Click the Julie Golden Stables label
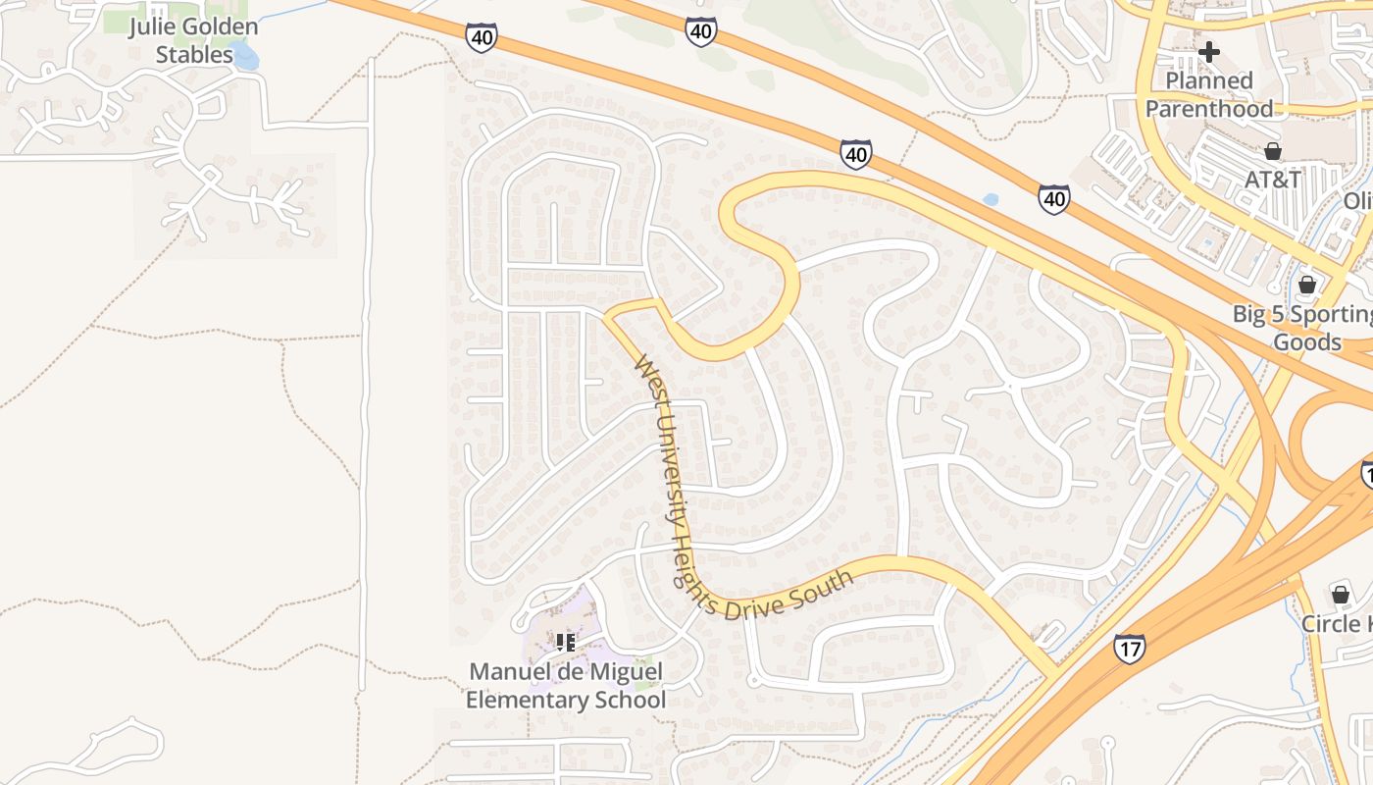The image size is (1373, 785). click(193, 40)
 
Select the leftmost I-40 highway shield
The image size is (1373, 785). click(481, 37)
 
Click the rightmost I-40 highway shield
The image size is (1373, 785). click(1054, 199)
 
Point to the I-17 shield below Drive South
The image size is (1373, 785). click(1130, 648)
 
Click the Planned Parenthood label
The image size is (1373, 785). click(1209, 94)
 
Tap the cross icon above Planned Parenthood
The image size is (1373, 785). click(1209, 51)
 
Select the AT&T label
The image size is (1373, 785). click(1273, 180)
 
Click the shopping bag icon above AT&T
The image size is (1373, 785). click(1273, 151)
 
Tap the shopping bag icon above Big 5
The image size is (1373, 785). click(1306, 285)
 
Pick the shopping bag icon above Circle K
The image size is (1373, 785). click(1341, 595)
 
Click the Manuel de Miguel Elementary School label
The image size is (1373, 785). click(566, 686)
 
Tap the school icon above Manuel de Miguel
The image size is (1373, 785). click(565, 643)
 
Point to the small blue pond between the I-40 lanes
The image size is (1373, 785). click(991, 199)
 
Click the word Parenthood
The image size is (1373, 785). click(1209, 109)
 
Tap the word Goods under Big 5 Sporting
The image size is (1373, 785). click(1307, 342)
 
